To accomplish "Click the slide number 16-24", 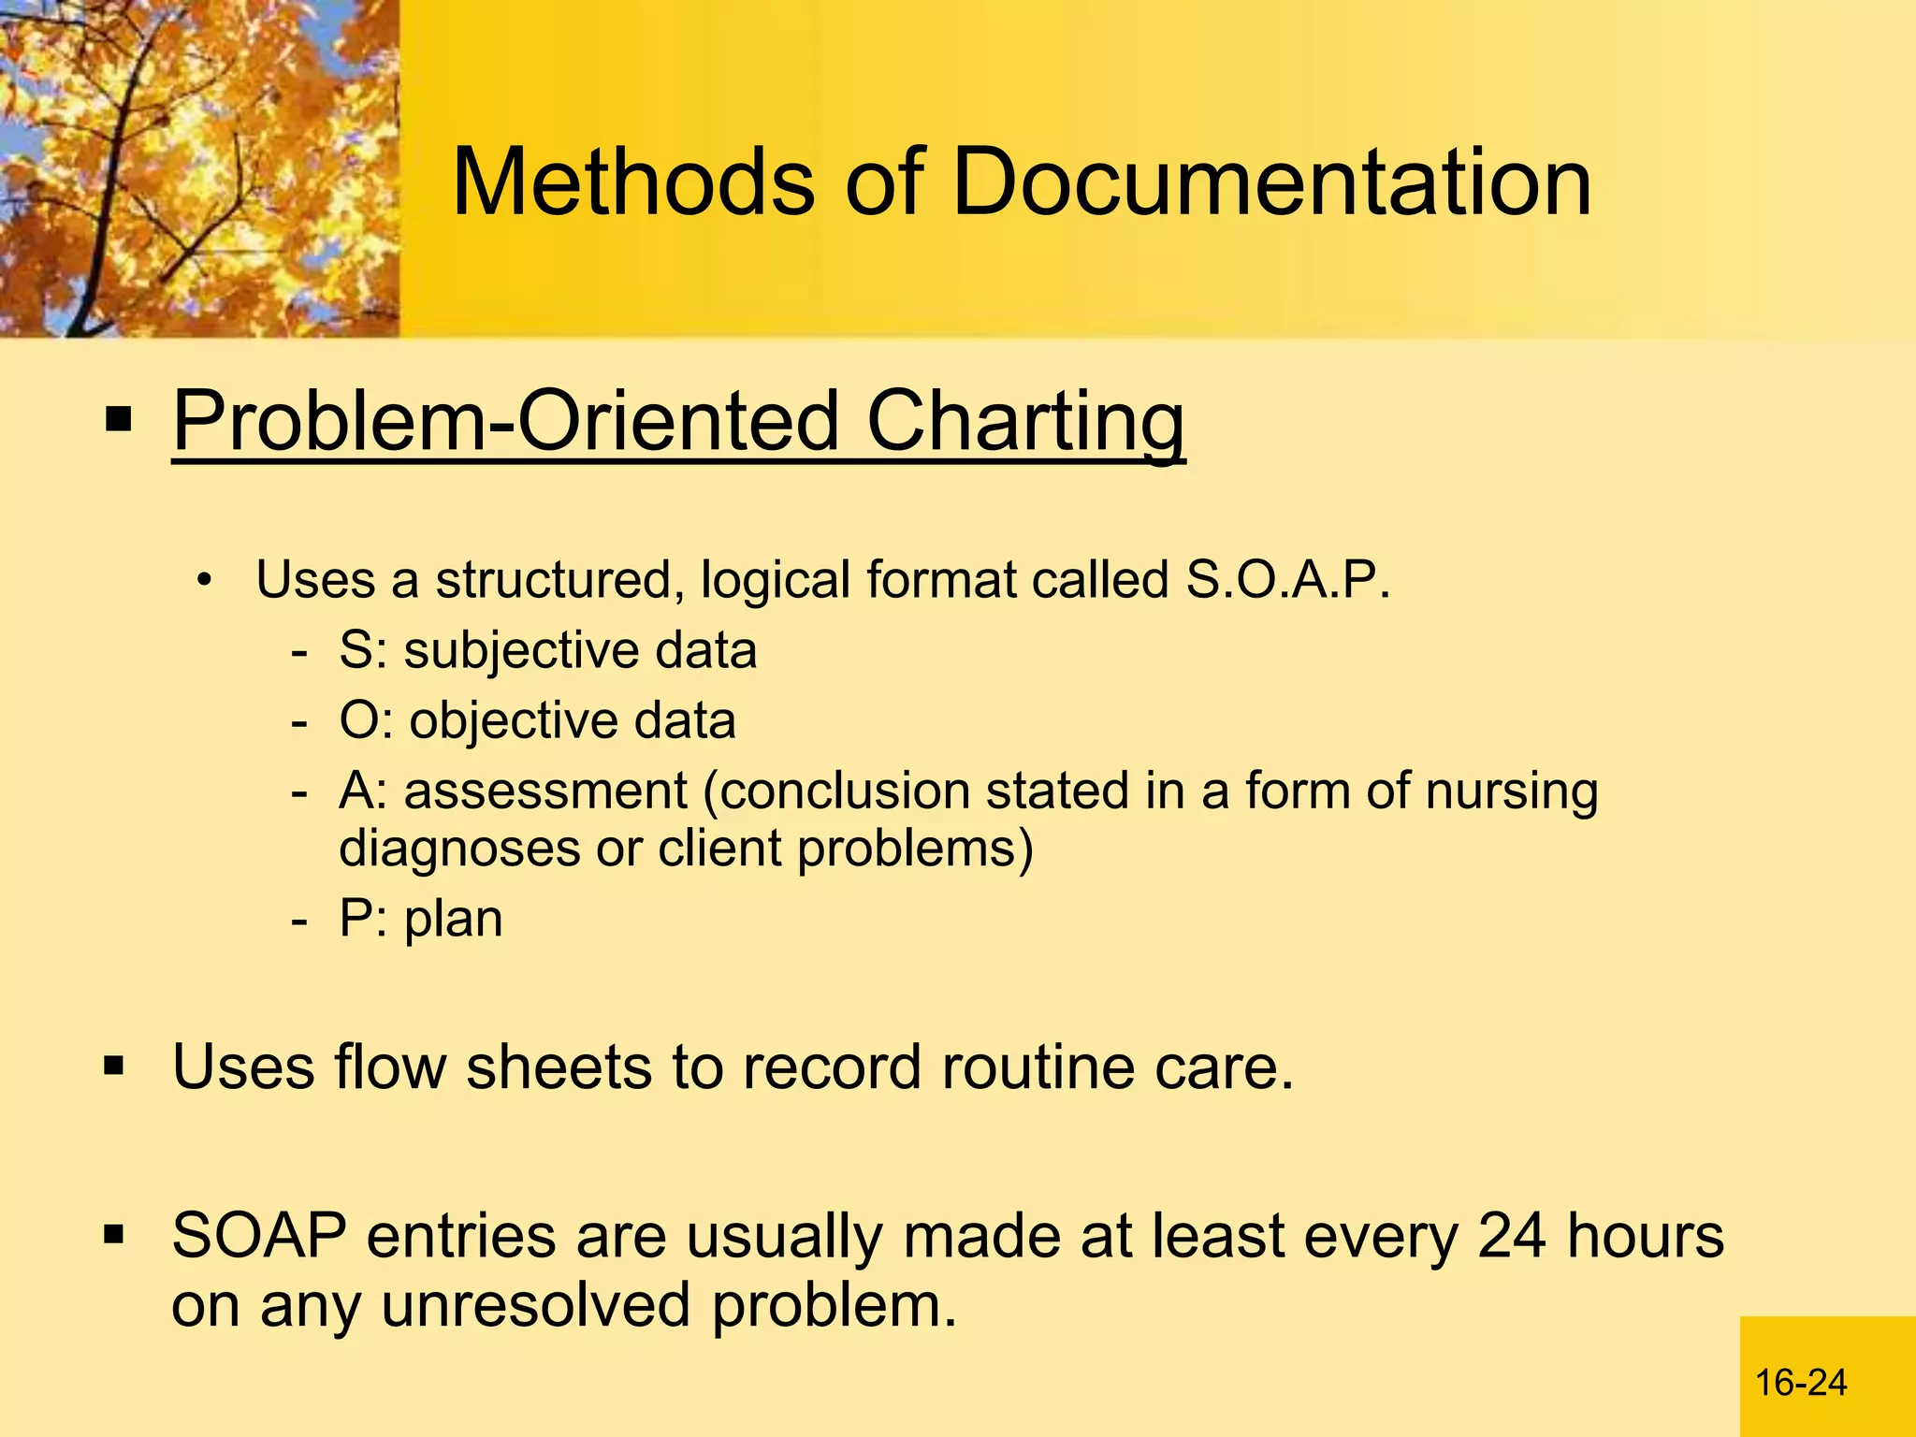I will [1801, 1383].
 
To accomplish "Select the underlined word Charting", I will [1025, 424].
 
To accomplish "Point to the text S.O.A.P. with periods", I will [1288, 580].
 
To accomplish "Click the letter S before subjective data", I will [356, 650].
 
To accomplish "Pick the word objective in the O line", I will [513, 721].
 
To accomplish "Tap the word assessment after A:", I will [545, 791].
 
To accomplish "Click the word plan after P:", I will [454, 919].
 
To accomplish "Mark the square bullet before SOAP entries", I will [114, 1235].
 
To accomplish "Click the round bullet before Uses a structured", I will [205, 581].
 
